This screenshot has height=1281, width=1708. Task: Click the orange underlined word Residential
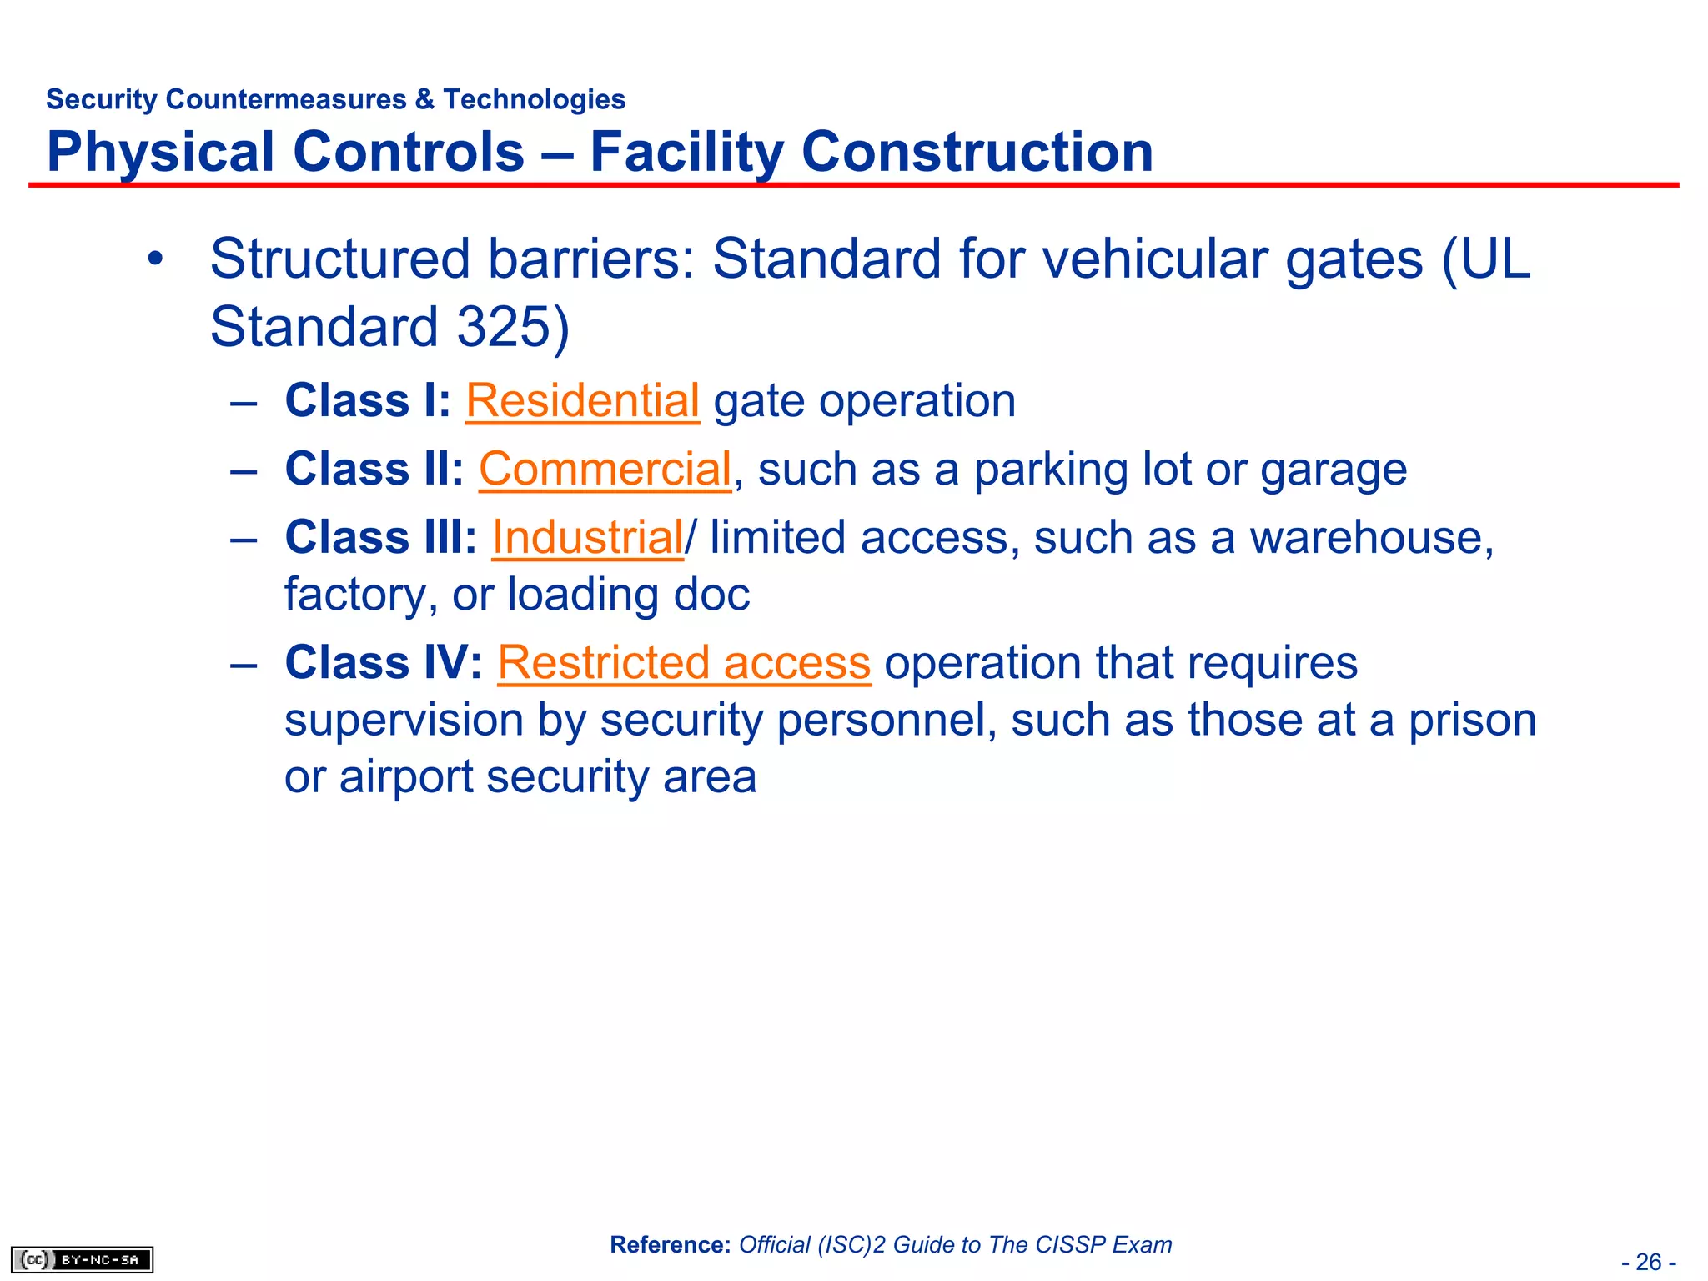click(581, 402)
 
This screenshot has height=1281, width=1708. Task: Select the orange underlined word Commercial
click(605, 470)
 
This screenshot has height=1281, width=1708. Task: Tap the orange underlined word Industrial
click(587, 538)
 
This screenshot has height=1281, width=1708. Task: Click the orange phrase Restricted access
click(684, 664)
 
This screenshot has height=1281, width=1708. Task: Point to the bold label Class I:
click(367, 402)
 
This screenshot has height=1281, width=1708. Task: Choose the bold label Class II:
click(374, 470)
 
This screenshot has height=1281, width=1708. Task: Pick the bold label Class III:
click(380, 538)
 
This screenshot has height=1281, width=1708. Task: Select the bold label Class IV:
click(383, 664)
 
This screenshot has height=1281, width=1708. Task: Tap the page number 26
click(1648, 1262)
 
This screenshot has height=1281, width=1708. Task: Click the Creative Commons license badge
click(82, 1259)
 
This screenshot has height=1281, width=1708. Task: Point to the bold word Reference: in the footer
click(670, 1245)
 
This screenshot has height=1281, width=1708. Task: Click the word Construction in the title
click(977, 153)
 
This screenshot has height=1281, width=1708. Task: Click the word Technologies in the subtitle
click(534, 99)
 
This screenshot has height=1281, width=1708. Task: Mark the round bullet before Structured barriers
click(154, 259)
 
